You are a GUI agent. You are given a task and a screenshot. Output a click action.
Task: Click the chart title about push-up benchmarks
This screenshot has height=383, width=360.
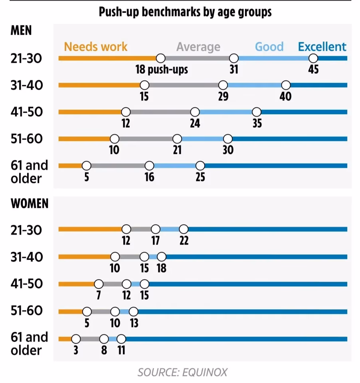pos(185,12)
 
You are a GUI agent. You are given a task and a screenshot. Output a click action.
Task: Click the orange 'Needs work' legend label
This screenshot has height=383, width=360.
pos(96,47)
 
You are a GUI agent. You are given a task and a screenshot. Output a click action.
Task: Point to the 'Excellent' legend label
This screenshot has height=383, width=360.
pos(322,47)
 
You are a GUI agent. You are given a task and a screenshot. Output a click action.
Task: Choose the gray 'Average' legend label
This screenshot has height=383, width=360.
pos(198,47)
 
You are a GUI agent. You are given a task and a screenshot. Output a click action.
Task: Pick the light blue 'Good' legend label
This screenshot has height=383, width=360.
pos(269,47)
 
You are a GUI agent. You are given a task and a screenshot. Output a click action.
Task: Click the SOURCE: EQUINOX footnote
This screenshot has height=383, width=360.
pos(182,373)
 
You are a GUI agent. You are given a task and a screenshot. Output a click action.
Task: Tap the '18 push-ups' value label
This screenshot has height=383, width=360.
pos(162,70)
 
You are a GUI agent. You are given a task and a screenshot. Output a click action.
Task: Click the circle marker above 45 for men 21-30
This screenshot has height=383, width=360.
pos(313,58)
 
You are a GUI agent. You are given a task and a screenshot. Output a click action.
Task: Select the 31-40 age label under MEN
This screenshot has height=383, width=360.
pos(27,85)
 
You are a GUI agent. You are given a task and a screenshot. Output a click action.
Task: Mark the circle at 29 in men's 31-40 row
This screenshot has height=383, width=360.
pos(223,85)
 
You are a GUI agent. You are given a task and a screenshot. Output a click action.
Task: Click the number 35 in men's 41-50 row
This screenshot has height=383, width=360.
pos(257,123)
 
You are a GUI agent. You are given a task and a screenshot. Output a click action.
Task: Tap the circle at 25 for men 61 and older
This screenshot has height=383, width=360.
pos(200,166)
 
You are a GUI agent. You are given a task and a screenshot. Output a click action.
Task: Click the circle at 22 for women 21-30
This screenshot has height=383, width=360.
pos(184,229)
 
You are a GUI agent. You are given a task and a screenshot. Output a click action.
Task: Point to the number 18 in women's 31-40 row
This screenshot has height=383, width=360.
pos(162,268)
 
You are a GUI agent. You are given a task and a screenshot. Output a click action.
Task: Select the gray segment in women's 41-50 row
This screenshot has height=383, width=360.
pos(113,284)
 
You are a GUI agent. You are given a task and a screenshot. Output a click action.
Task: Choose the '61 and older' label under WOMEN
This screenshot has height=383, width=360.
pos(29,344)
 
